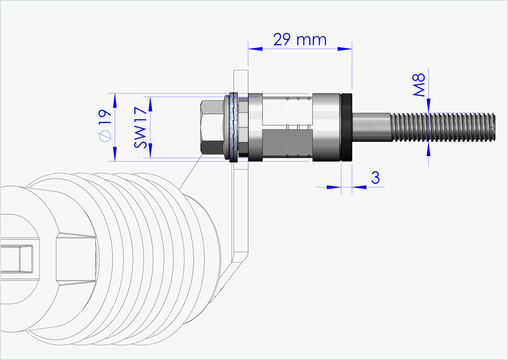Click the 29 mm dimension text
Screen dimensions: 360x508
pos(300,40)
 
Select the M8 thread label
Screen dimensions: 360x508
pos(419,85)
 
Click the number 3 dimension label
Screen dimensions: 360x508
pos(375,178)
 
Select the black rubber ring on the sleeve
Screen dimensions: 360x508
pos(347,127)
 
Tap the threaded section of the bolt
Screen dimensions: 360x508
pos(443,127)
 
